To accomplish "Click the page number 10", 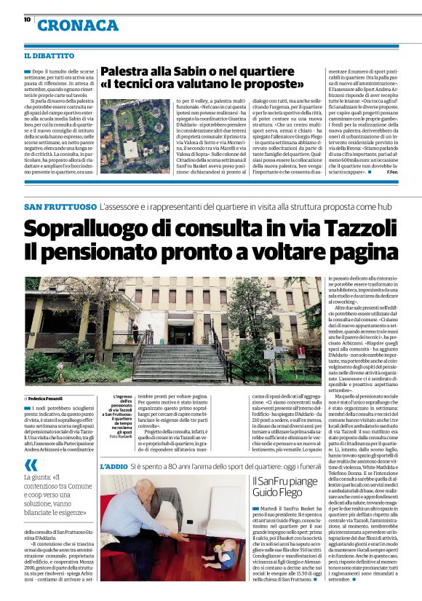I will pos(26,20).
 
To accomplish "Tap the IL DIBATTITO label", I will pos(49,55).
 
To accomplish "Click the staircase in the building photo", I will pos(172,361).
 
